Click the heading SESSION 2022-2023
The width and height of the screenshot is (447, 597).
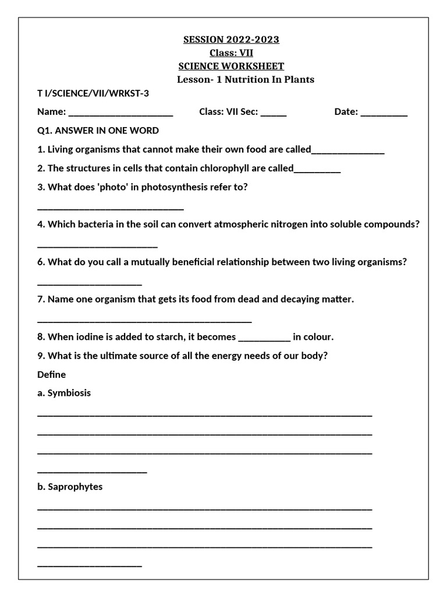(231, 40)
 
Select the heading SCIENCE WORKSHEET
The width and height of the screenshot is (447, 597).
(231, 66)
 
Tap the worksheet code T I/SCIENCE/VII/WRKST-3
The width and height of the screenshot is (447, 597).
(97, 93)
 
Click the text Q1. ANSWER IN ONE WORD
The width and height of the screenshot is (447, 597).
(98, 131)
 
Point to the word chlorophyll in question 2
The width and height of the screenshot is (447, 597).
(224, 168)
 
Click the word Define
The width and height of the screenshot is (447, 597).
(52, 374)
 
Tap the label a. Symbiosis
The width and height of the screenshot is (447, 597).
(64, 393)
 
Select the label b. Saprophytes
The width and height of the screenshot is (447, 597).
(70, 487)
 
